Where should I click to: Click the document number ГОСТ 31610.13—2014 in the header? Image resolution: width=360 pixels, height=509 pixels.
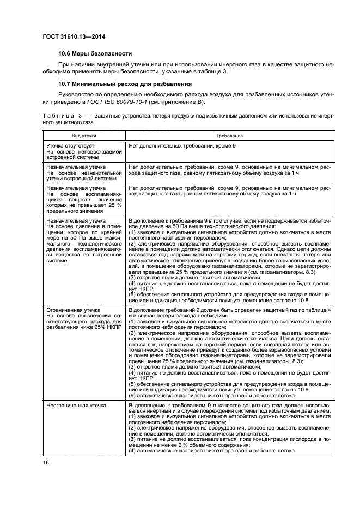click(x=74, y=36)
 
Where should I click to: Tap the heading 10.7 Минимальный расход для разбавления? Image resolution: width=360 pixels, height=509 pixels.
click(x=125, y=84)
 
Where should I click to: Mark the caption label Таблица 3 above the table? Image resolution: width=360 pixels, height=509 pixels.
click(x=60, y=116)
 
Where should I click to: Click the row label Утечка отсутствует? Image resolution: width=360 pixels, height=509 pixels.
click(x=71, y=146)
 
